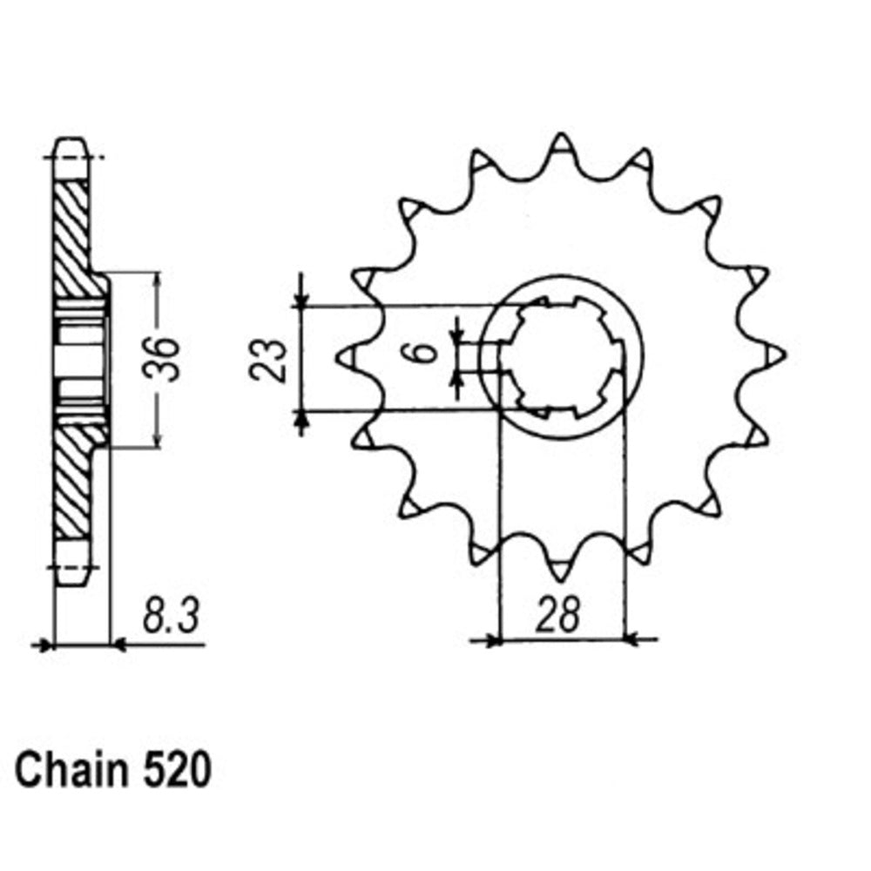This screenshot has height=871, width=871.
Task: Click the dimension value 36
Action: tap(167, 358)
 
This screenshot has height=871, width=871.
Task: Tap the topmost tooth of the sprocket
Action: tap(561, 144)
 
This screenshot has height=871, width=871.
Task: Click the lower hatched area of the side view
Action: tap(73, 483)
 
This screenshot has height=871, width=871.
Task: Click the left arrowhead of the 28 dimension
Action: tap(491, 641)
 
